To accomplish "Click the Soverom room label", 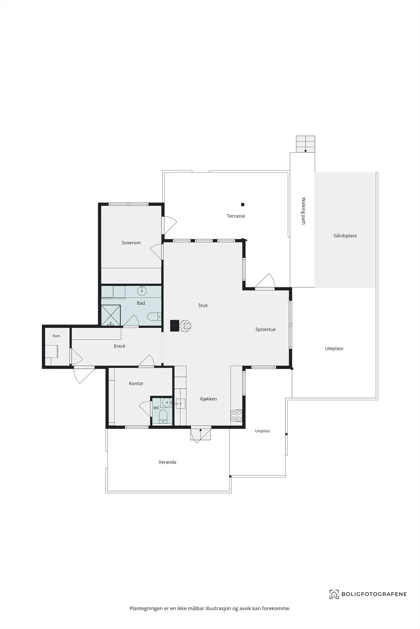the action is coord(131,243).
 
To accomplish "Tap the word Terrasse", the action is coord(236,216).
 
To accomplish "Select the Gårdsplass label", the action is coord(345,236).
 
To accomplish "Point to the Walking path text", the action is coord(303,211).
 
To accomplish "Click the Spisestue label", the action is coord(266,330).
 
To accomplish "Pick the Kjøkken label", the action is coord(209,399).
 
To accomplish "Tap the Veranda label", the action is coord(167,462).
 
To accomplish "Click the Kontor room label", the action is coord(136,384).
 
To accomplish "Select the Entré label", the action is coord(120,346).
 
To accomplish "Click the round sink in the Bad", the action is coord(142,291).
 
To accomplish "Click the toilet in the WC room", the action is coord(163,416).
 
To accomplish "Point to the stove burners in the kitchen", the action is coord(237,416).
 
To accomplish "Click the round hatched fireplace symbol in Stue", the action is coord(185,326).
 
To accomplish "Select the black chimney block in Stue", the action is coord(175,326).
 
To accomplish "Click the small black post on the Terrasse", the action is coord(242,204).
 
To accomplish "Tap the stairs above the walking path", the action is coord(305,144).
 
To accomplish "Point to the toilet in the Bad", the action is coord(154,317).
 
